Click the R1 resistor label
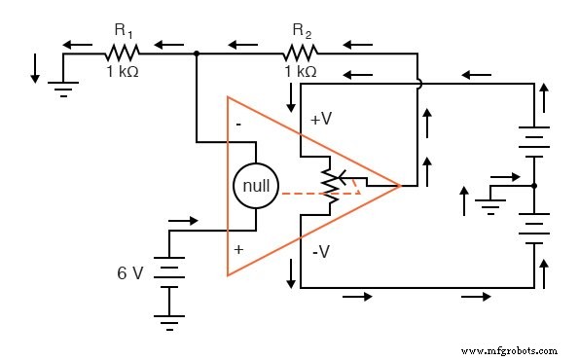tap(124, 30)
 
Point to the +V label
tap(321, 119)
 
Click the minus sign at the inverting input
tap(237, 125)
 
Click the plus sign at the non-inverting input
tap(237, 250)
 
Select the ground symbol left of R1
tap(63, 87)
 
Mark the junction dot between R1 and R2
tap(198, 54)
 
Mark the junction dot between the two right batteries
tap(534, 185)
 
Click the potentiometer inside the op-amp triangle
tap(331, 185)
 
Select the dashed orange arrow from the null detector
tap(321, 193)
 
